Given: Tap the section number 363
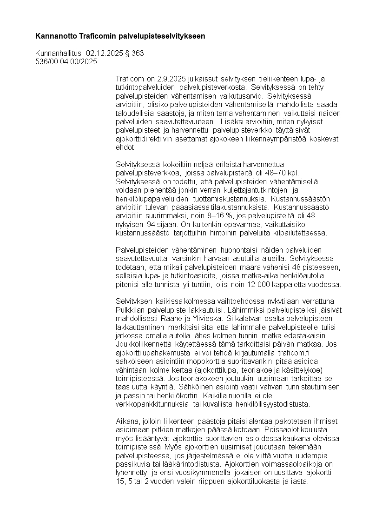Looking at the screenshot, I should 138,53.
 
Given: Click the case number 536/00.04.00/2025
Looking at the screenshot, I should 66,61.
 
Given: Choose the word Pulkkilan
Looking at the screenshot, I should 131,310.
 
